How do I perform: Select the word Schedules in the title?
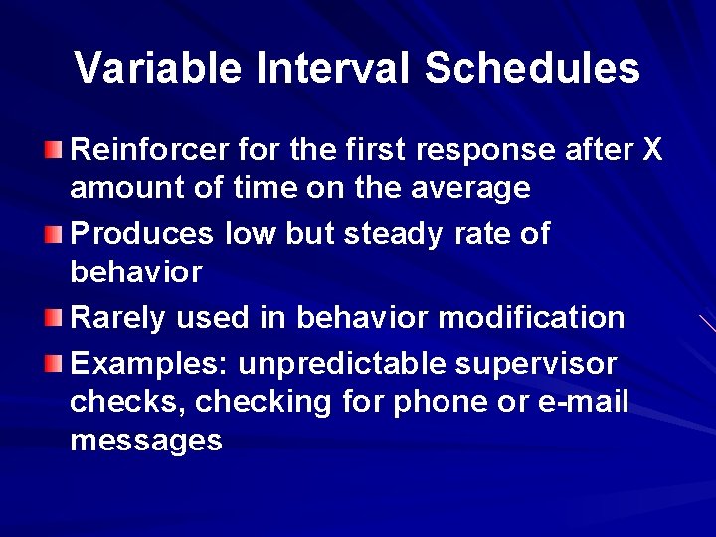point(532,69)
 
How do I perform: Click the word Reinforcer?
point(151,150)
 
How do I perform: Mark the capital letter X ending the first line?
point(651,150)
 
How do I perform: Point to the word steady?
point(394,234)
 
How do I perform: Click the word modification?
point(531,318)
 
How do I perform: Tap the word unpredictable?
point(343,364)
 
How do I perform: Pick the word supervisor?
point(536,364)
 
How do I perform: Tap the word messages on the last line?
point(146,441)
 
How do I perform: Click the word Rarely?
point(118,318)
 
